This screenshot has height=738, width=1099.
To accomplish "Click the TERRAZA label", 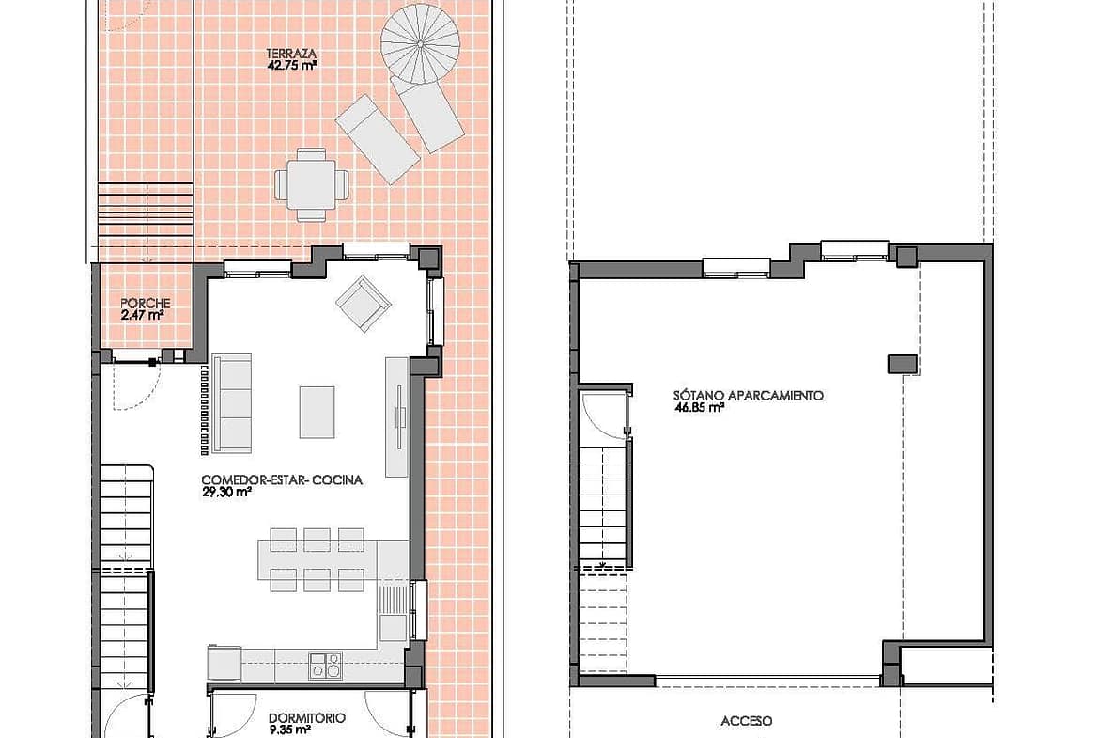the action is tap(291, 54).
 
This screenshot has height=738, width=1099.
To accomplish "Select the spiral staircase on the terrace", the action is tap(419, 44).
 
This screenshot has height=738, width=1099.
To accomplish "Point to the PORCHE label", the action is tap(145, 304).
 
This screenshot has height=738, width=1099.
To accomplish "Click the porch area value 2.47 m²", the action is tap(142, 316).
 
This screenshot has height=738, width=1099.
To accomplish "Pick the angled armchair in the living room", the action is tap(364, 303).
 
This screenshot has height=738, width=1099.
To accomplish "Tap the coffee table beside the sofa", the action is tap(317, 412).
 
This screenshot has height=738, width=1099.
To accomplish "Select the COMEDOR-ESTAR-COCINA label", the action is tap(282, 480).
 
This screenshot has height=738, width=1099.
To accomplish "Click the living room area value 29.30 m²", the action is tap(226, 493).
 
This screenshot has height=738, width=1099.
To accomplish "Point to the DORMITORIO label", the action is tap(307, 718).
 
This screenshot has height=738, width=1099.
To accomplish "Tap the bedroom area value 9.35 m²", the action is tap(290, 730).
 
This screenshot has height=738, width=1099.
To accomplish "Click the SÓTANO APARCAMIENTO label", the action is tap(749, 396).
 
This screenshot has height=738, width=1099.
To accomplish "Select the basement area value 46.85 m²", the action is tap(699, 407).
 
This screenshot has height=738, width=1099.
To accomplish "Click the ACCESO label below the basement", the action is tap(747, 721).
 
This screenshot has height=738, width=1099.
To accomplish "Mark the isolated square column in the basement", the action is tap(903, 364).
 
